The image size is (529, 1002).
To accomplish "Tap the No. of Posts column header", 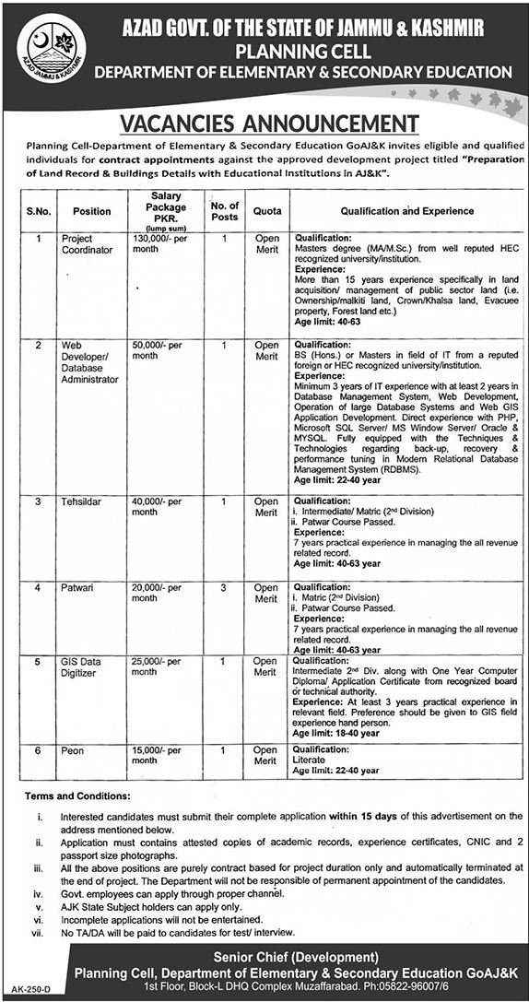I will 224,210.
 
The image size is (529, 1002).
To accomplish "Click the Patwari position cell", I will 79,587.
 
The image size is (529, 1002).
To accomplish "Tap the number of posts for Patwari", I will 224,587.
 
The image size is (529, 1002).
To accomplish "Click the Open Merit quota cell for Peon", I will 265,756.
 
